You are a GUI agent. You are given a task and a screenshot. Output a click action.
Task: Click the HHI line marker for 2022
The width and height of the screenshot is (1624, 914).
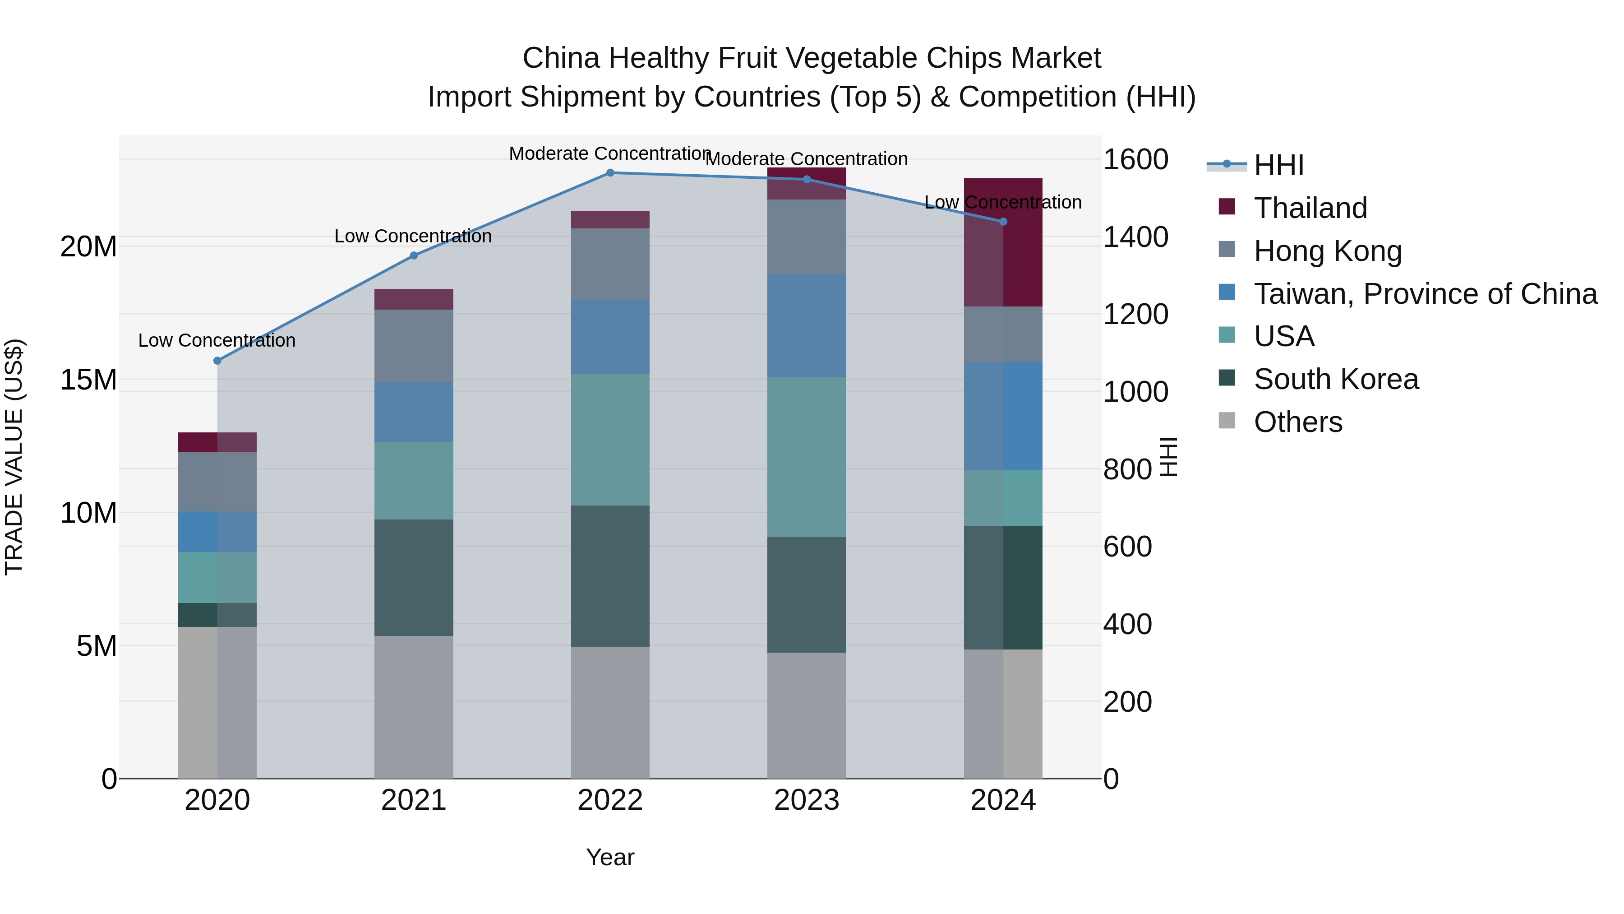click(609, 173)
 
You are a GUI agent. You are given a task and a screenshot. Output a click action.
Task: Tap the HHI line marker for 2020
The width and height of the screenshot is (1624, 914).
click(217, 361)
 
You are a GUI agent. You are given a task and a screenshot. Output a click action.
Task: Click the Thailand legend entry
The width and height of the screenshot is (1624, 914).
click(1310, 208)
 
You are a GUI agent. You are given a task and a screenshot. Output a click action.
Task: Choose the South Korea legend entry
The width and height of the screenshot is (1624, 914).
click(1335, 379)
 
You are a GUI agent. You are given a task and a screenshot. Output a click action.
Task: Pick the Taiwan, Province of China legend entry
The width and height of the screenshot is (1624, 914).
click(1425, 294)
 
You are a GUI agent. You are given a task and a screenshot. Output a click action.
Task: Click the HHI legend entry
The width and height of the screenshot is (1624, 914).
click(1278, 165)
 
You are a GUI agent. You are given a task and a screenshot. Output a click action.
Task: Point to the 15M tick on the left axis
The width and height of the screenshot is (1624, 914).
click(88, 380)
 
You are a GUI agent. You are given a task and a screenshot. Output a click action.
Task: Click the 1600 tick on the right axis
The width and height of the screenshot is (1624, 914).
click(1135, 160)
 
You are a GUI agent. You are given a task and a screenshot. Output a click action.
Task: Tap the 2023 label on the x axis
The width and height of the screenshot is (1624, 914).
click(806, 800)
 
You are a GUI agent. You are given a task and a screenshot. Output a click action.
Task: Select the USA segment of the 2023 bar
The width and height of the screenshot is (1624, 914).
click(806, 457)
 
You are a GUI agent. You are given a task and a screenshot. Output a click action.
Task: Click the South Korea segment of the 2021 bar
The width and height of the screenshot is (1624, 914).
click(414, 577)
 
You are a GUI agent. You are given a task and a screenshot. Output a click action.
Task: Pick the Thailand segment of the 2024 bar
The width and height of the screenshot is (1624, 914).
click(1003, 242)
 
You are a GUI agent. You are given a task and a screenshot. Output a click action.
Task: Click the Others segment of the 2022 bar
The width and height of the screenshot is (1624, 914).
click(609, 713)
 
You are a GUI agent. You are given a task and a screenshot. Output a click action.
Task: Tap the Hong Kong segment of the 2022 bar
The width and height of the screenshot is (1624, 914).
click(609, 264)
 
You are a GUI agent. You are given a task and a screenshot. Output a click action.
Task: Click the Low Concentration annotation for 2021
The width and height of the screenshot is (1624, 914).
click(413, 237)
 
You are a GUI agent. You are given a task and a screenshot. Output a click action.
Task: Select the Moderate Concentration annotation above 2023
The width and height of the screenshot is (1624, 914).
click(806, 159)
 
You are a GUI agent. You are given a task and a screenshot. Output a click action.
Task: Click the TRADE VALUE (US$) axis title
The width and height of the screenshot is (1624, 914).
click(14, 457)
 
